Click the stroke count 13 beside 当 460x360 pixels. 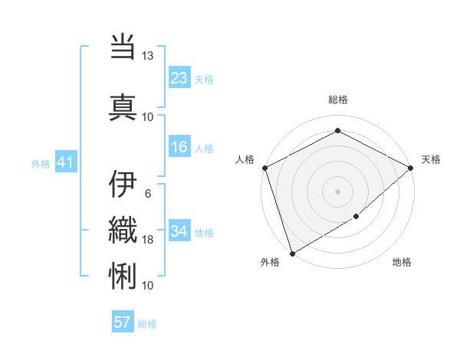click(147, 56)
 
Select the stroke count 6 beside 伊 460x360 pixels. click(147, 193)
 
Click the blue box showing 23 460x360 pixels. click(179, 78)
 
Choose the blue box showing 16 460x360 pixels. click(179, 147)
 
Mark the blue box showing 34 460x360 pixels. click(179, 231)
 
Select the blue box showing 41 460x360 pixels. click(65, 162)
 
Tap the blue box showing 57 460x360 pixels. click(123, 322)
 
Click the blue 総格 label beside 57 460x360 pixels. click(147, 324)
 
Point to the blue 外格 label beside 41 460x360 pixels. click(41, 163)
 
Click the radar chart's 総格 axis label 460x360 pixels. click(337, 100)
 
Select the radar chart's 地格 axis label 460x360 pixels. click(402, 263)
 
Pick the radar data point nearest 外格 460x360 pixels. click(291, 253)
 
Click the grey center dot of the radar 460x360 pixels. click(337, 191)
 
